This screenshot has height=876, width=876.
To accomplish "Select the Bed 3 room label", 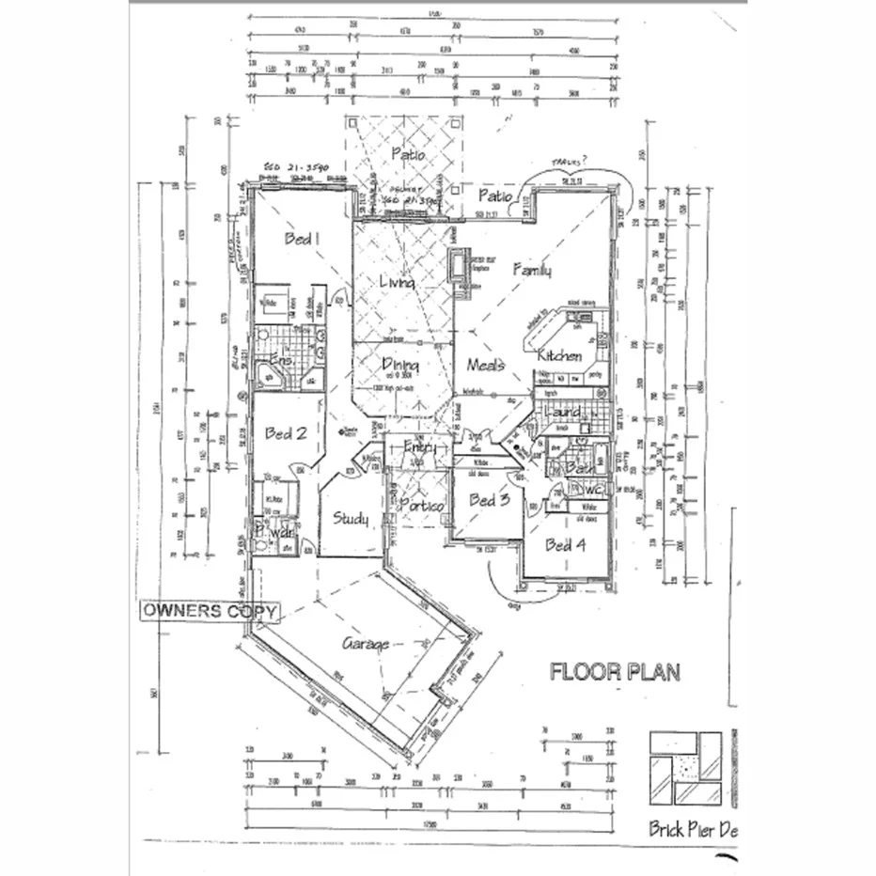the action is [x=489, y=500].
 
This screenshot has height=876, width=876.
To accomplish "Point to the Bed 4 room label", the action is [x=566, y=544].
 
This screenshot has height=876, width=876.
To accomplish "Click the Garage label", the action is [x=366, y=644].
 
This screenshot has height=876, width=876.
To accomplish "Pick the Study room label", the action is [x=351, y=519].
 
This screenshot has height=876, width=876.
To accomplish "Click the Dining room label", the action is [x=399, y=366].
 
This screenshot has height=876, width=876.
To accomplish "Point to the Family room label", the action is [x=532, y=271].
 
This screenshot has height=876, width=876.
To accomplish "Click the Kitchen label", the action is [x=559, y=356].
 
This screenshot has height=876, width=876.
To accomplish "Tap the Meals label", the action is [x=487, y=365].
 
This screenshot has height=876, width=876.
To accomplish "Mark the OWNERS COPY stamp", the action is [x=210, y=610].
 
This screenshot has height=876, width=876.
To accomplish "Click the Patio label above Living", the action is [x=407, y=154].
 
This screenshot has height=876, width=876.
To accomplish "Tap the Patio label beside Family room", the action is [x=495, y=196].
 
